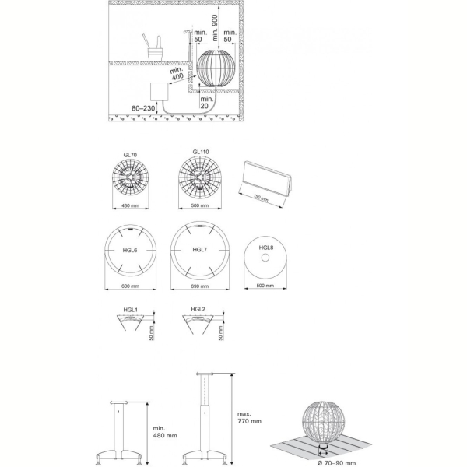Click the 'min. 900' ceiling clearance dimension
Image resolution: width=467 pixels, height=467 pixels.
[x=216, y=28]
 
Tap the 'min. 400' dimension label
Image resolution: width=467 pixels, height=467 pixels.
[x=177, y=74]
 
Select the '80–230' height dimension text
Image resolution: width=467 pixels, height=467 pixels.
[x=143, y=108]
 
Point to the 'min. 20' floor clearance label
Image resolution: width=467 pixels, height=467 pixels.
[x=207, y=102]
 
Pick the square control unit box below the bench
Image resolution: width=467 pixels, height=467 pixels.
[x=160, y=92]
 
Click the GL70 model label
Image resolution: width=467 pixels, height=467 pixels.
[x=130, y=155]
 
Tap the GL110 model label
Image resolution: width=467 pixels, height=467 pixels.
[x=201, y=152]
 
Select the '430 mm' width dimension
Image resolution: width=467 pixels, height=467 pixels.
[x=131, y=205]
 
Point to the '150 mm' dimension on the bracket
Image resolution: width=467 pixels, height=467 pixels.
[x=261, y=198]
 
